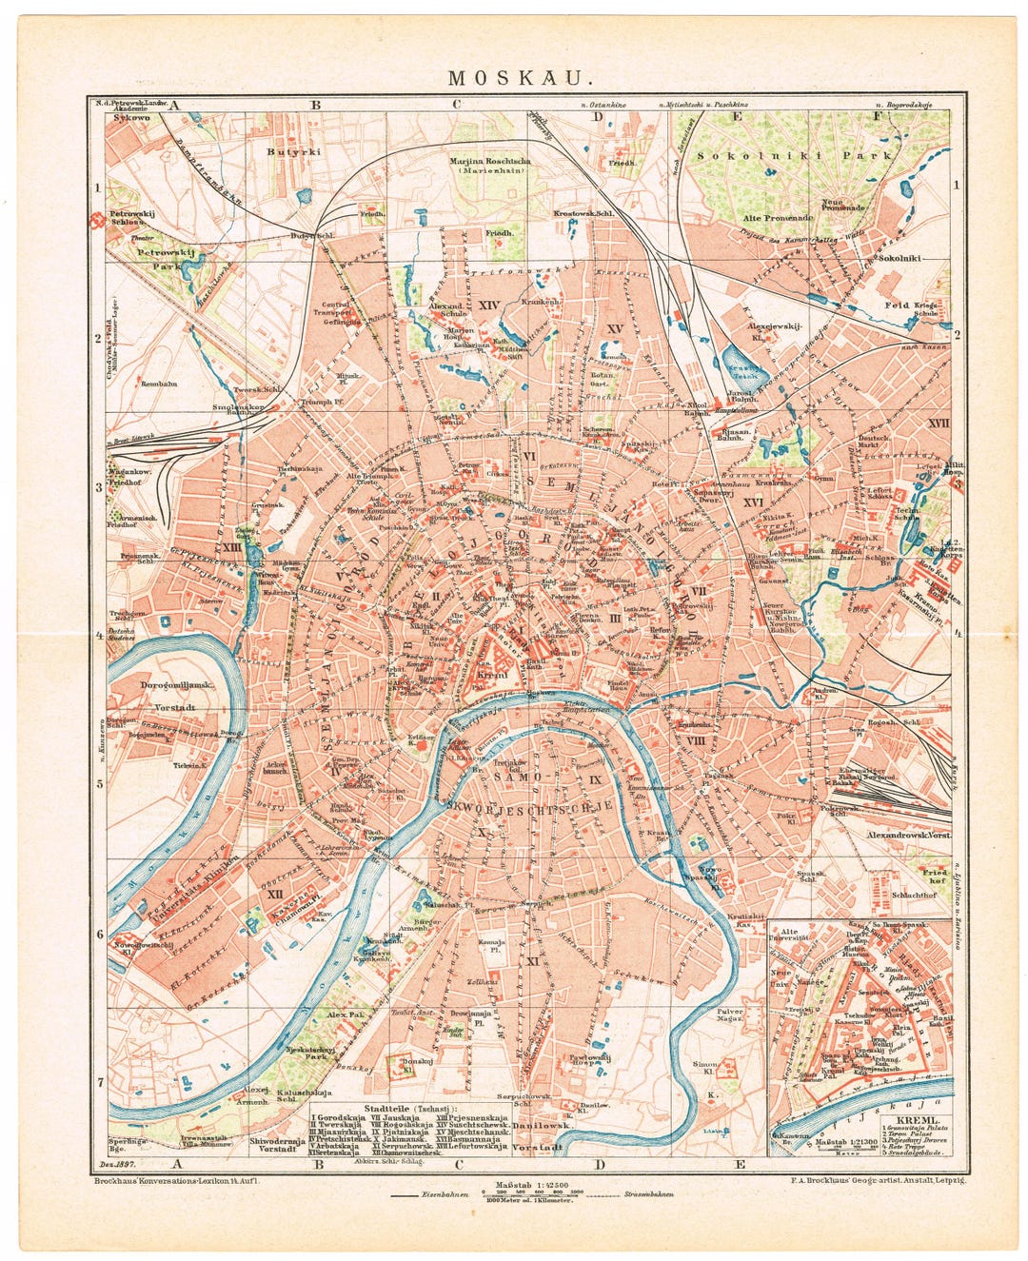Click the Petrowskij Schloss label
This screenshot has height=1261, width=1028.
coord(131,218)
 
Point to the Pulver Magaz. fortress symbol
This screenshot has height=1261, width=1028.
coord(734,990)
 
